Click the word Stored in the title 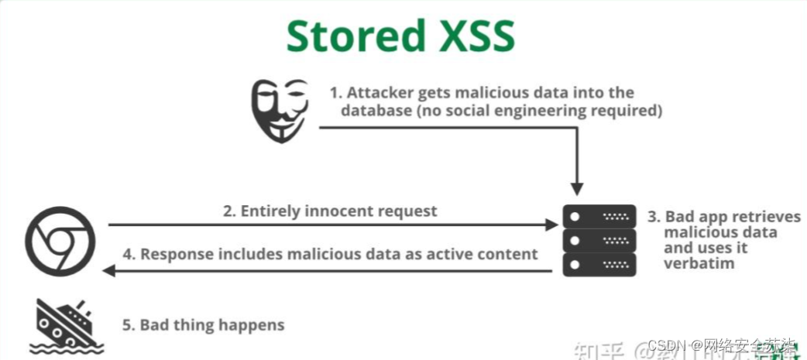[355, 36]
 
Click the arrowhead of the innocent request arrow [551, 225]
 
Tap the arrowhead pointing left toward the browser [110, 270]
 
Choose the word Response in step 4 [175, 253]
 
